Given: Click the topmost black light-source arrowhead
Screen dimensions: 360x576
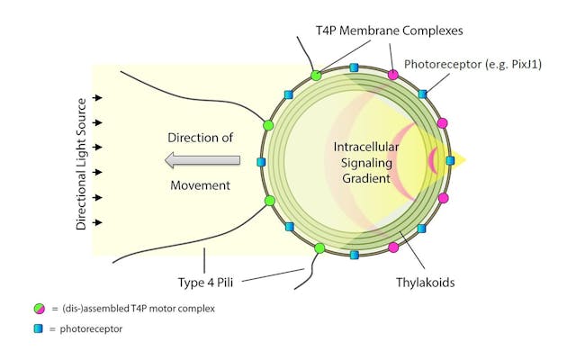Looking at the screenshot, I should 98,97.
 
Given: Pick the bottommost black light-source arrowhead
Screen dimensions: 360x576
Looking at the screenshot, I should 98,221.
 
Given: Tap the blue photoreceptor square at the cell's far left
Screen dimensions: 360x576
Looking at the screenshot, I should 261,162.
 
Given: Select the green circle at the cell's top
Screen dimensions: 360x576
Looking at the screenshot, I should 316,76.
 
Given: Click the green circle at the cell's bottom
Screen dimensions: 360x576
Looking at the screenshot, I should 319,248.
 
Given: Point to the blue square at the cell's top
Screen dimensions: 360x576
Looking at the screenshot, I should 354,67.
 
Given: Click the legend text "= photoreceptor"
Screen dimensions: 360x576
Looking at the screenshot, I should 87,329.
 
